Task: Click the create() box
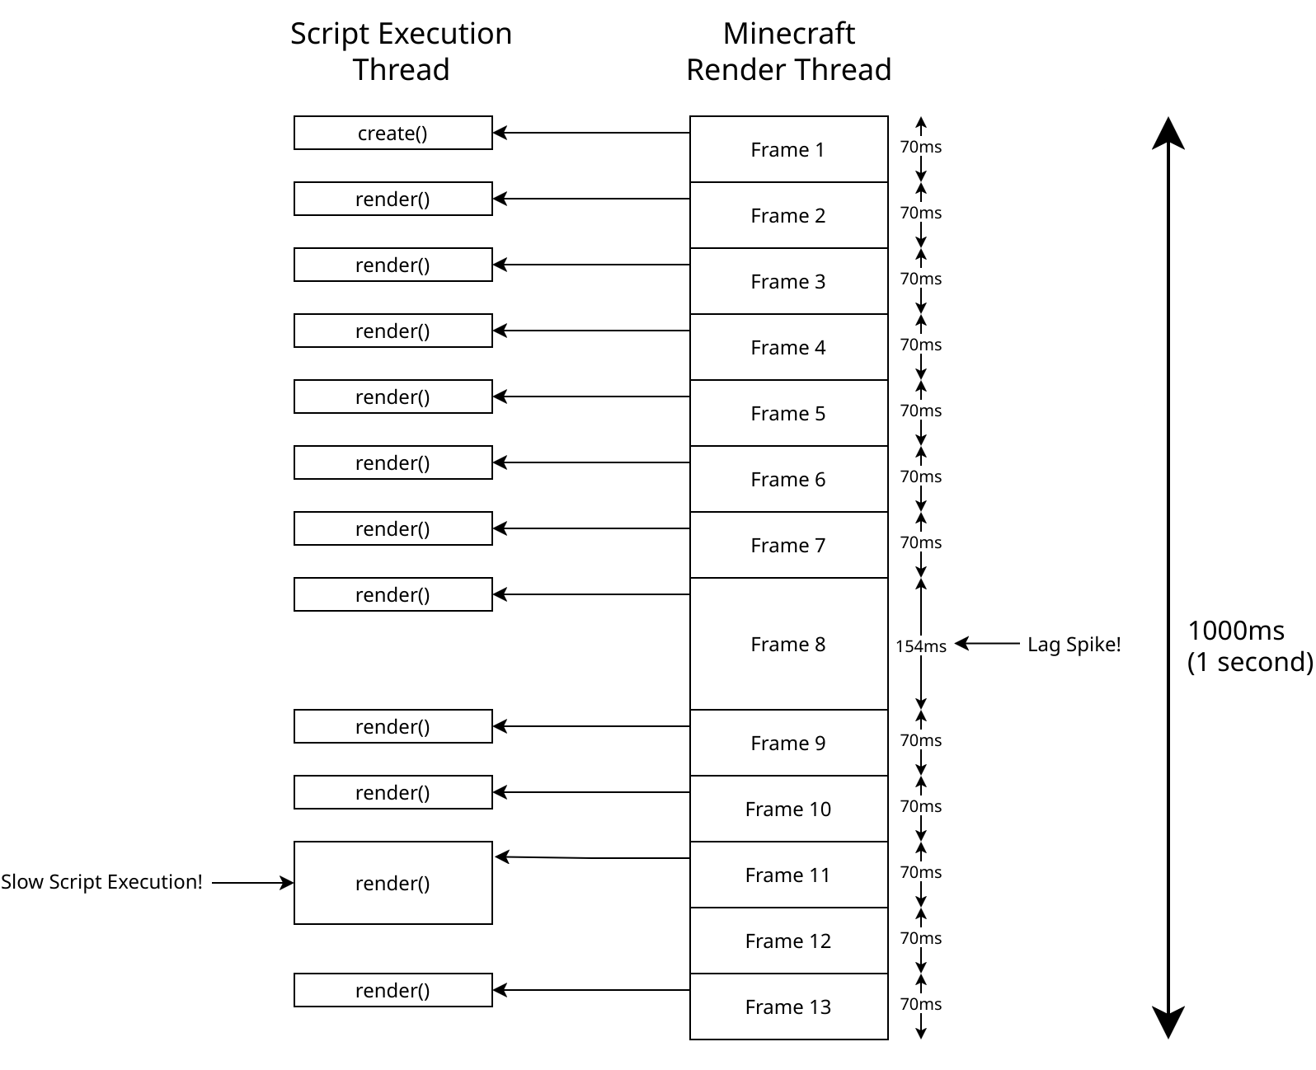pyautogui.click(x=392, y=133)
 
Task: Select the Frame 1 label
pyautogui.click(x=787, y=150)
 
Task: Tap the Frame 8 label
pyautogui.click(x=787, y=645)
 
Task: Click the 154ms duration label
pyautogui.click(x=921, y=646)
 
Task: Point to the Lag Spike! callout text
pyautogui.click(x=1074, y=645)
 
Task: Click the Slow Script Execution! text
pyautogui.click(x=101, y=882)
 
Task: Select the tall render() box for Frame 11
pyautogui.click(x=392, y=883)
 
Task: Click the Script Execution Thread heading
pyautogui.click(x=401, y=51)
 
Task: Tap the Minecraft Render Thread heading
pyautogui.click(x=788, y=51)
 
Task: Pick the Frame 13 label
pyautogui.click(x=787, y=1007)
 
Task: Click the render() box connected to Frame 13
pyautogui.click(x=392, y=990)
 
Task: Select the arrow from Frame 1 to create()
pyautogui.click(x=590, y=133)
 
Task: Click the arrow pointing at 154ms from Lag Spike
pyautogui.click(x=987, y=643)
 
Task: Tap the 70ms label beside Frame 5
pyautogui.click(x=920, y=411)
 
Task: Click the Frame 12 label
pyautogui.click(x=787, y=941)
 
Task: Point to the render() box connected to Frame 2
pyautogui.click(x=392, y=199)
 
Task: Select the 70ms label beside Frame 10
pyautogui.click(x=920, y=806)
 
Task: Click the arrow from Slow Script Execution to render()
pyautogui.click(x=252, y=883)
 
